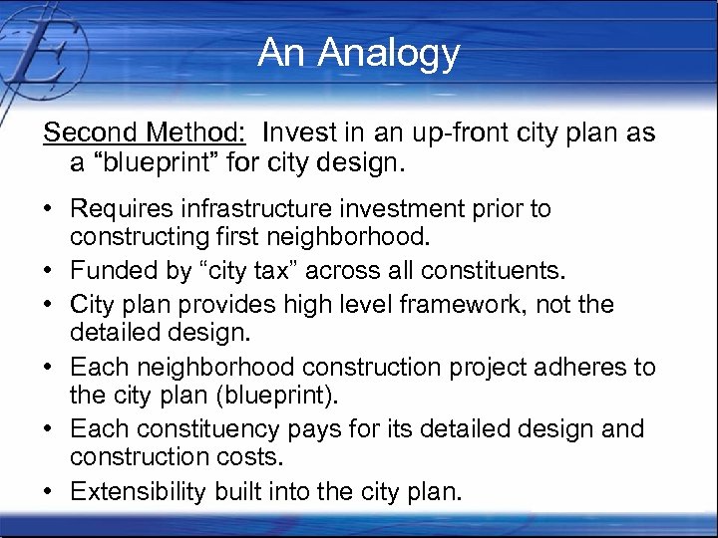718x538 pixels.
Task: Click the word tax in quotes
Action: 298,271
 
